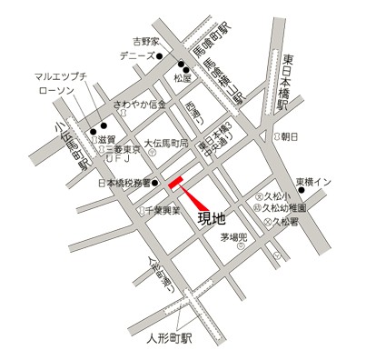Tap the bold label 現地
(212, 219)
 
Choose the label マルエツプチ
(61, 76)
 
